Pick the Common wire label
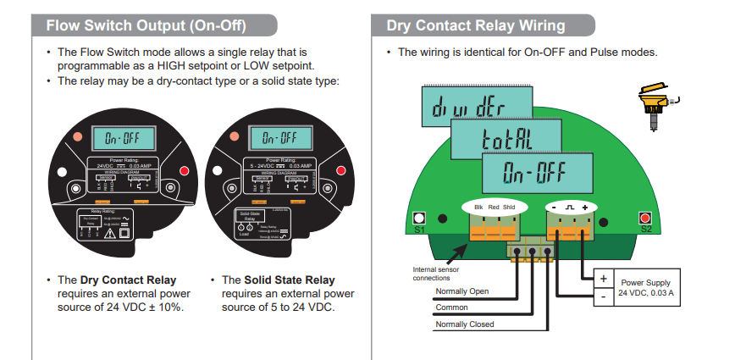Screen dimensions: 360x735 [450, 307]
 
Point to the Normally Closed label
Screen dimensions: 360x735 [465, 324]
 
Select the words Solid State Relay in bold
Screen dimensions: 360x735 [290, 280]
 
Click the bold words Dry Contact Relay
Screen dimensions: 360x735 [128, 280]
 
